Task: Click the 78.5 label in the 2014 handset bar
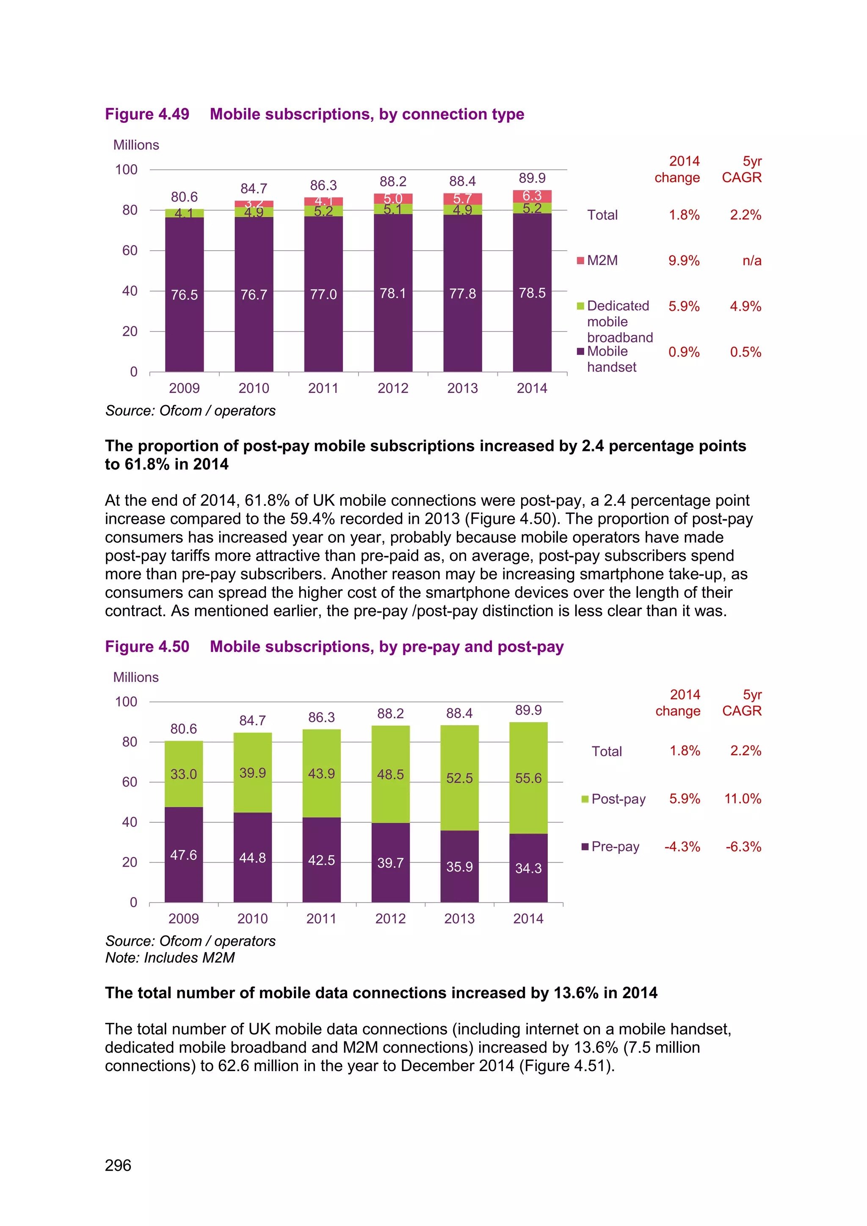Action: pos(532,293)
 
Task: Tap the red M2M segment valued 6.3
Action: pos(532,196)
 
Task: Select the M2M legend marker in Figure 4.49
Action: pos(580,261)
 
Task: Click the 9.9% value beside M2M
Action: pos(683,261)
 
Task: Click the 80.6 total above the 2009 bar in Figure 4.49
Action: pos(184,196)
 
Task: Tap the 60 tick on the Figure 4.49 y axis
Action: pos(130,251)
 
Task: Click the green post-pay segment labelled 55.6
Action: pos(528,778)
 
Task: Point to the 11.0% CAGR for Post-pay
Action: pos(742,799)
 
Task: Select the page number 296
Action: pos(118,1165)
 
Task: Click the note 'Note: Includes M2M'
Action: pos(170,958)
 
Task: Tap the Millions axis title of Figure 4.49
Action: pos(136,145)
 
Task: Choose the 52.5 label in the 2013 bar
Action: pos(459,778)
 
